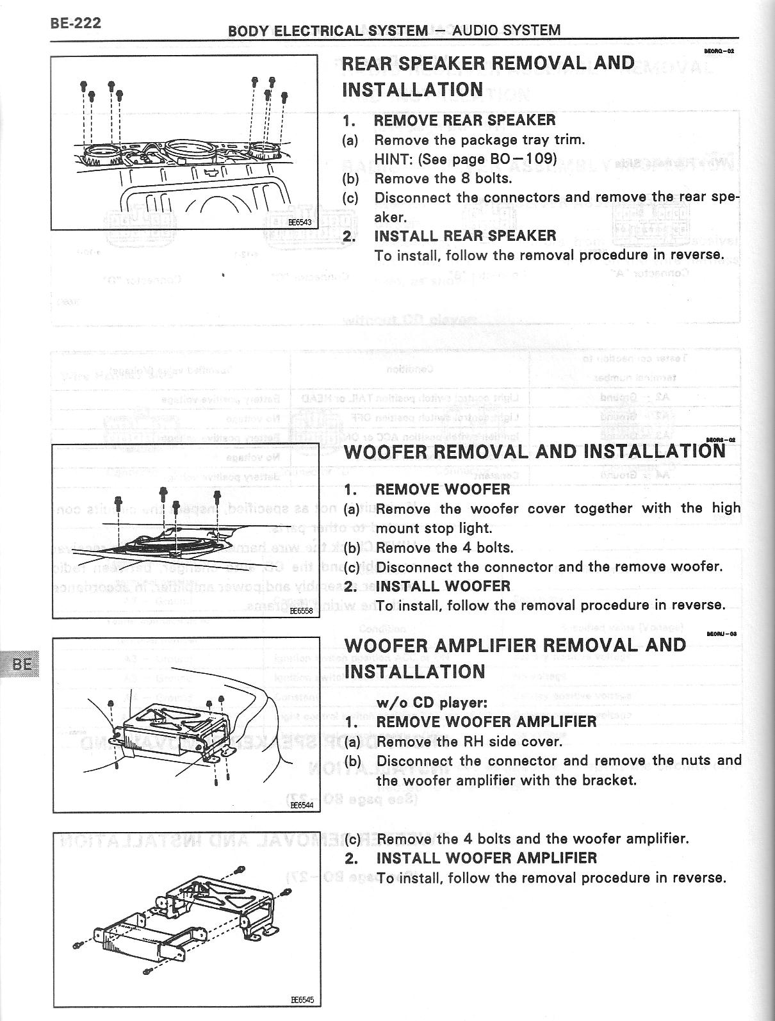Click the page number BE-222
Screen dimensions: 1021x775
point(76,23)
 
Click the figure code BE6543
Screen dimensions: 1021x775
point(299,223)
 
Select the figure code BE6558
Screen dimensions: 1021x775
point(301,611)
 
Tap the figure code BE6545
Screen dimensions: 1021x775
point(302,1000)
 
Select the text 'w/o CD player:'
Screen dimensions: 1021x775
point(432,702)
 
